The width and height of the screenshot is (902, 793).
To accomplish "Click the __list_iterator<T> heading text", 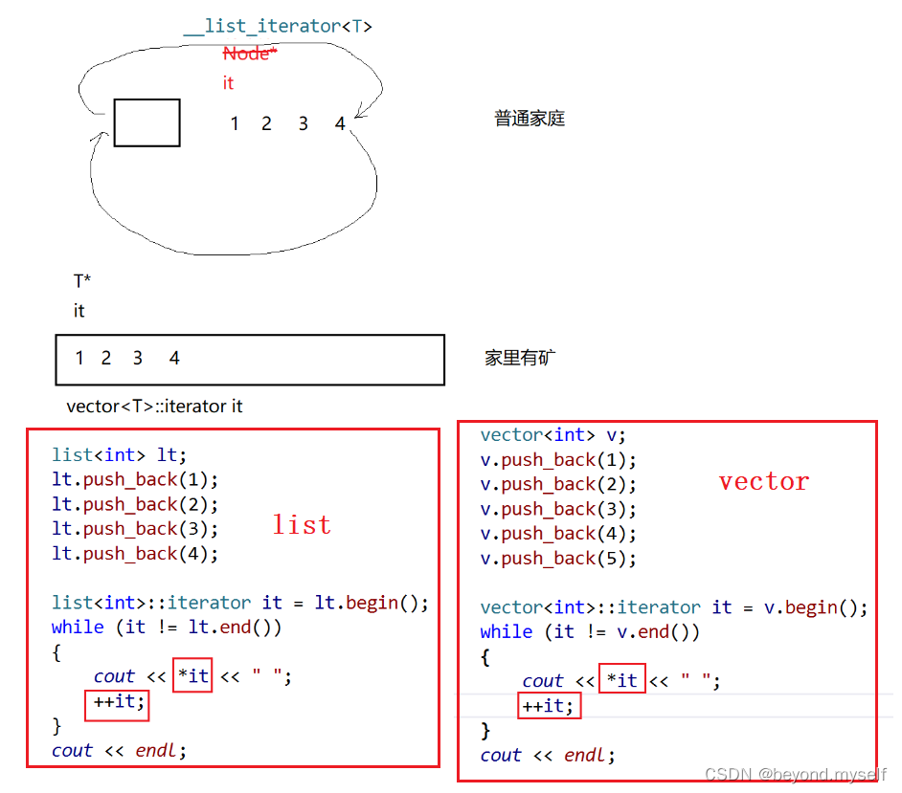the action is tap(278, 26).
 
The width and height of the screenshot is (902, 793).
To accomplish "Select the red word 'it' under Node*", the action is tap(228, 83).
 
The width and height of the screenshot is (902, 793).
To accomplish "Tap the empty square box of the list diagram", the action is tap(147, 122).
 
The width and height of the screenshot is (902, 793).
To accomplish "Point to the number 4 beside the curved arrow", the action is tap(340, 123).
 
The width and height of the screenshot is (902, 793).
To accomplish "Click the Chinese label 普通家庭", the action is tap(530, 119).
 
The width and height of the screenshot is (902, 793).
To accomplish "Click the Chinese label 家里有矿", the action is tap(520, 358).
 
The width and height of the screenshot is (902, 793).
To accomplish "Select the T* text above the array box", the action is tap(82, 281).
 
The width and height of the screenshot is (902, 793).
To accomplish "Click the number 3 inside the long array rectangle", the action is tap(138, 358).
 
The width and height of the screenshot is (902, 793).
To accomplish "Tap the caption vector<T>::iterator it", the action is tap(154, 407).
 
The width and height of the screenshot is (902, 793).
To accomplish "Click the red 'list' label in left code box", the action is tap(302, 524).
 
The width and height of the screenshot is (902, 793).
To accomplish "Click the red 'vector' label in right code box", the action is tap(763, 481).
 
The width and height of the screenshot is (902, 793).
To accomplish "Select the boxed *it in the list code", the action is tap(192, 675).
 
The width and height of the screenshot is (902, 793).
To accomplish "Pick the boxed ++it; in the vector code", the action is tap(550, 706).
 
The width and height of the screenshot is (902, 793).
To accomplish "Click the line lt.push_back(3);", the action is tap(135, 529).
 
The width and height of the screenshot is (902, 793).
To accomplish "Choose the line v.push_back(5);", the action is tap(558, 559).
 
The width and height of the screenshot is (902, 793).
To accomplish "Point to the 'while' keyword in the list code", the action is tap(78, 627).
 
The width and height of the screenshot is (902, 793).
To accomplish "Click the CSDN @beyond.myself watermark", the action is tap(795, 774).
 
